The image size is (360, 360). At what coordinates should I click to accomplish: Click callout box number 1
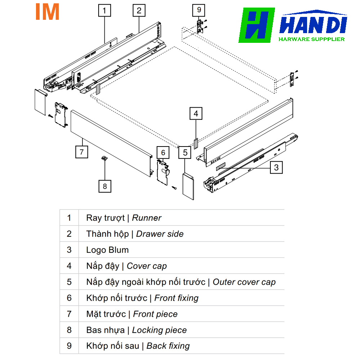(104, 10)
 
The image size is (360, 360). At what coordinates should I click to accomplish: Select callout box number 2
(139, 10)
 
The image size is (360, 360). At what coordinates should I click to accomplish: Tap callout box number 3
(276, 167)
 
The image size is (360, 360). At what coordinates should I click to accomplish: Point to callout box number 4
(196, 114)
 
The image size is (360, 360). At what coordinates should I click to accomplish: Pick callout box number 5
(185, 152)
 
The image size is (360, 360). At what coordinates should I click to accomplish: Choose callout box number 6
(163, 153)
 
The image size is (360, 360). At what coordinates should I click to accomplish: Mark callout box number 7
(82, 152)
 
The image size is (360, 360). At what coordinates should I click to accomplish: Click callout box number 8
(105, 186)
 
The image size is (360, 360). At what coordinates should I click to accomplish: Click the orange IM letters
(47, 12)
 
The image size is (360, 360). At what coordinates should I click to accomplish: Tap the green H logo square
(257, 26)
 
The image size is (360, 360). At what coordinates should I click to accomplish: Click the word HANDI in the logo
(313, 25)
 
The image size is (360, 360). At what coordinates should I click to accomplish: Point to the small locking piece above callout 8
(104, 158)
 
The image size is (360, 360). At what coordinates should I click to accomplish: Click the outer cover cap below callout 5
(188, 185)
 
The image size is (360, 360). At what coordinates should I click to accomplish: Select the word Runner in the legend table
(147, 218)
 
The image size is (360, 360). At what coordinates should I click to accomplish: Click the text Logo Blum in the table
(107, 250)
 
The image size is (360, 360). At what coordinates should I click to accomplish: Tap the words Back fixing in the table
(168, 346)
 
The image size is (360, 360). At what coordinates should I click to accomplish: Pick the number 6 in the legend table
(69, 298)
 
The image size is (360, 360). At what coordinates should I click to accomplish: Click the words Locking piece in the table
(159, 330)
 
